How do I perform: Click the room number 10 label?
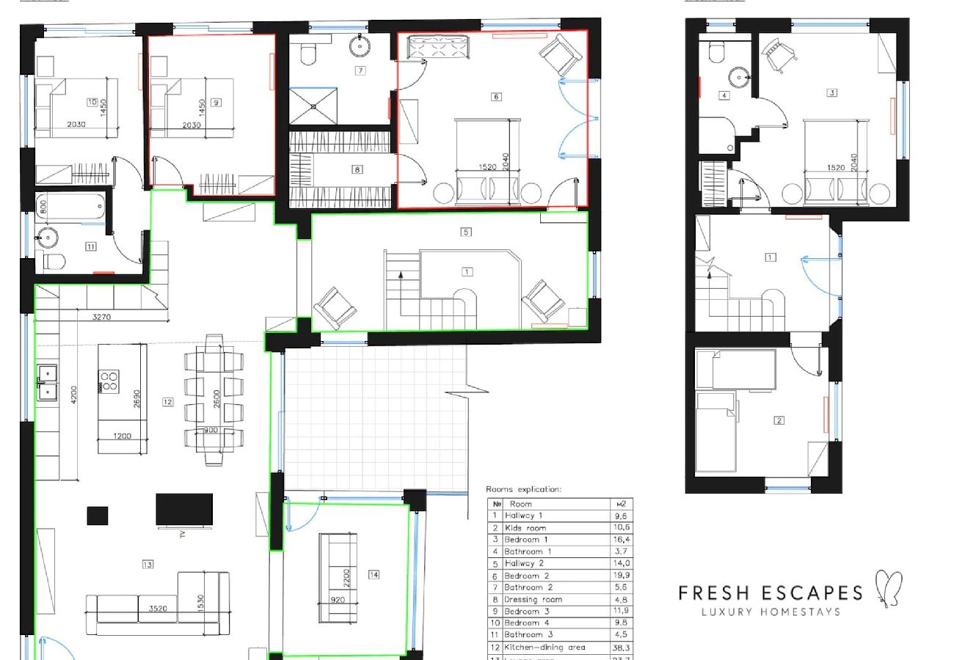92,103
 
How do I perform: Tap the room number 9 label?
216,103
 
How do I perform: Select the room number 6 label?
496,97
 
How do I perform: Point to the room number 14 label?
374,575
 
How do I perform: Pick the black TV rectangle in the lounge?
184,510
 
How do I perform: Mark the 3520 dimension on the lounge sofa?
157,608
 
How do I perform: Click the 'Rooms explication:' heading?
523,489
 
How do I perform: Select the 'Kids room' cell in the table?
525,528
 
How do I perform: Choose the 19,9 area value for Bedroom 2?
621,576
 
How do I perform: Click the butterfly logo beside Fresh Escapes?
889,589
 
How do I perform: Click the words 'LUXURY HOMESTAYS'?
771,612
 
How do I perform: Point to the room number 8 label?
357,169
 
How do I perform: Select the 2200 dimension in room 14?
347,577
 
